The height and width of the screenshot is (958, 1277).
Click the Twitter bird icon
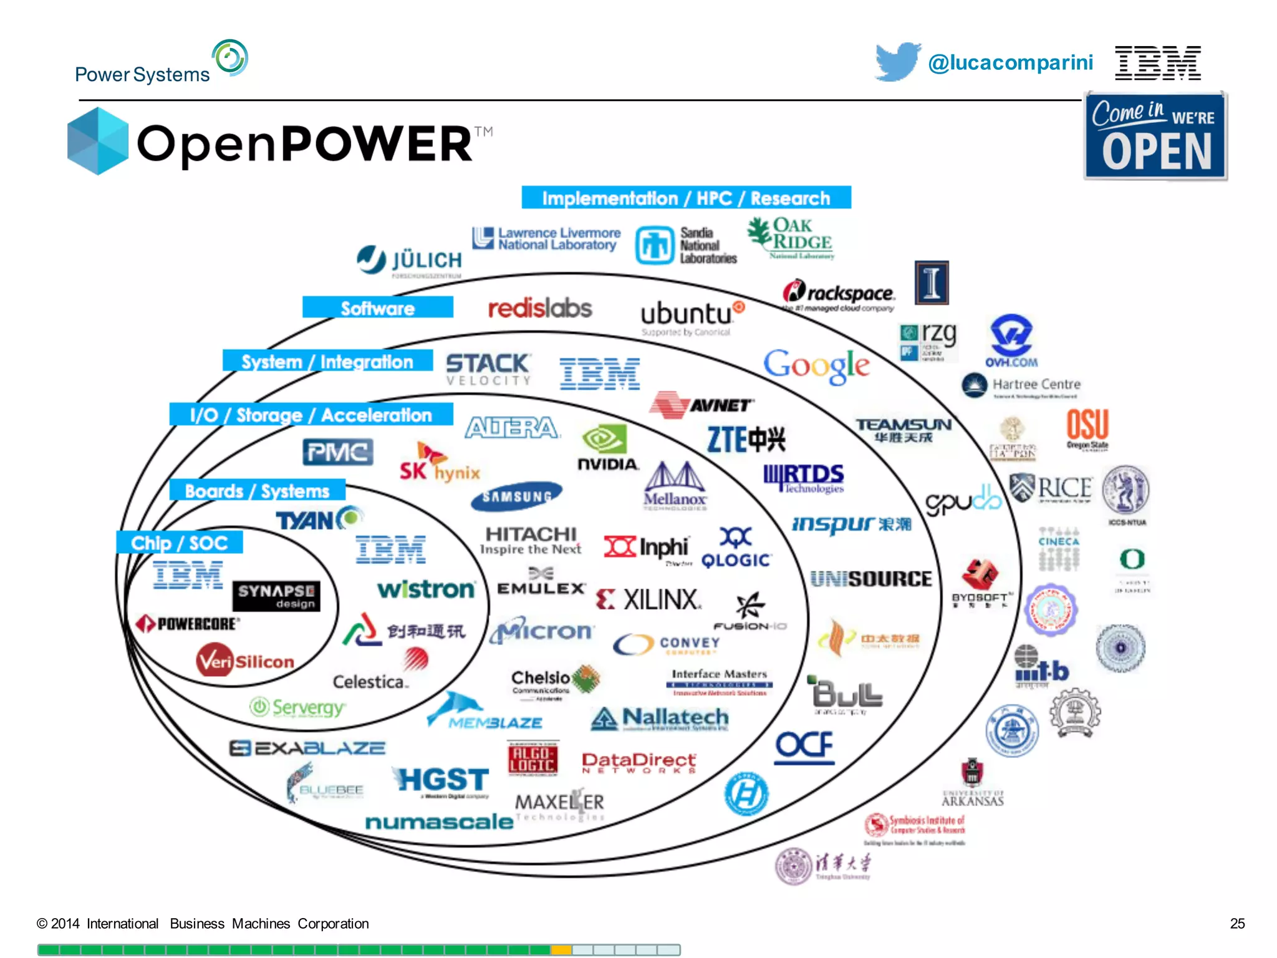pos(897,61)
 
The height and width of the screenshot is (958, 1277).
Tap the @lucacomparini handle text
pos(1010,62)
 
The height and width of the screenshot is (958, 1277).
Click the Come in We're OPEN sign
pos(1155,136)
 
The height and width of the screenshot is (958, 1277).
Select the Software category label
pos(377,308)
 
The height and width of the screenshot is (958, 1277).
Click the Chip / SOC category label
pos(180,543)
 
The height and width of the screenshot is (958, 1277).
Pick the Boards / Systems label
pos(257,491)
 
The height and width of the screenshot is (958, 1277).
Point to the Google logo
pos(816,366)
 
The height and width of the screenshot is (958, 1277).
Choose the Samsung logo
pos(517,496)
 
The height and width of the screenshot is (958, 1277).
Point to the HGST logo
pos(442,781)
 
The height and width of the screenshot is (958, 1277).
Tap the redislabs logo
pos(539,308)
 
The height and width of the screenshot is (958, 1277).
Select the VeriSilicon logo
pos(245,661)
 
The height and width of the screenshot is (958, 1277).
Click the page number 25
pos(1237,924)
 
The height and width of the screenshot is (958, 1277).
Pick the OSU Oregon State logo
pos(1087,428)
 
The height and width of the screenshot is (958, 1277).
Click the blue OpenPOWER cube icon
pos(98,141)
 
